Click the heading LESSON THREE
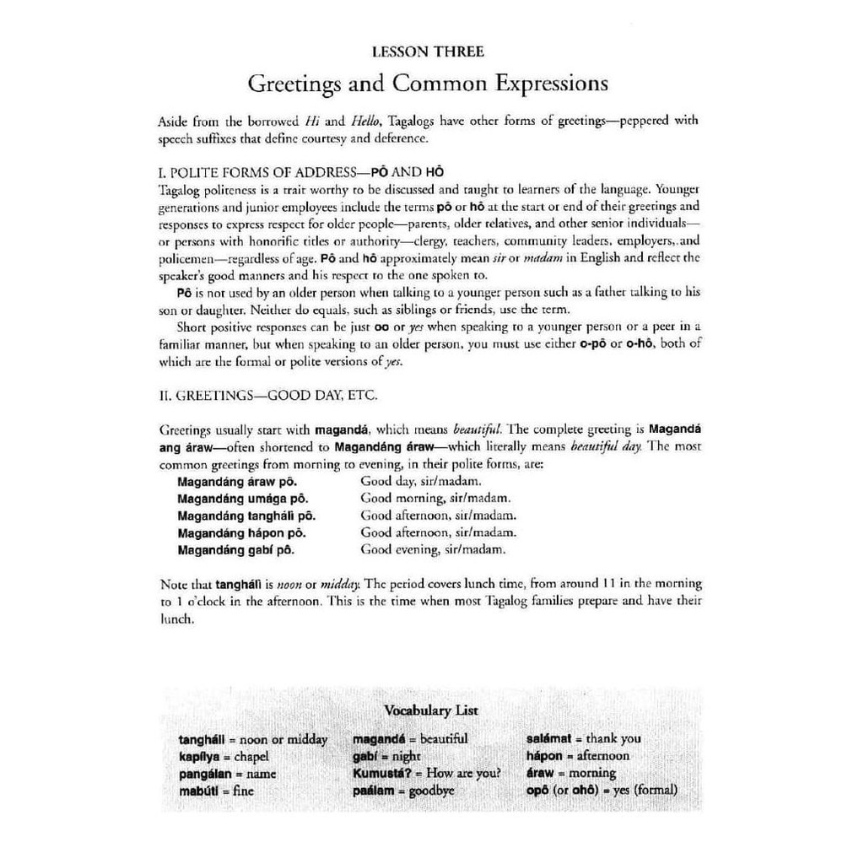point(428,52)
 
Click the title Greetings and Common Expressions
point(427,84)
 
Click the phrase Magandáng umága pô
point(237,499)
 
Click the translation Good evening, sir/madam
point(433,549)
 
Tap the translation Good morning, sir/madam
point(435,499)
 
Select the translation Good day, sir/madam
point(421,482)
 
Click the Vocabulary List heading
point(430,710)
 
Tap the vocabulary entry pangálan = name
point(227,774)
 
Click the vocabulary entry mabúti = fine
point(216,791)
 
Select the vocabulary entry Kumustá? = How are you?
point(427,774)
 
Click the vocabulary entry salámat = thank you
point(583,739)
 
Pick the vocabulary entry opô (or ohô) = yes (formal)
point(601,791)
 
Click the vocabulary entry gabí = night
point(386,757)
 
